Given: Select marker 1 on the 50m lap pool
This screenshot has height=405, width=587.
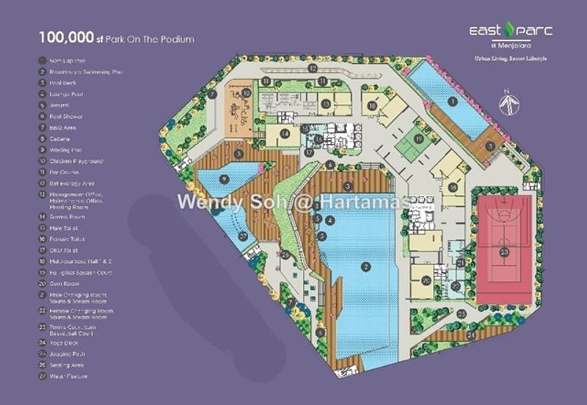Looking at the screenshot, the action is [x=453, y=101].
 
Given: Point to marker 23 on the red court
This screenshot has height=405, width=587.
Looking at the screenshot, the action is [x=504, y=252].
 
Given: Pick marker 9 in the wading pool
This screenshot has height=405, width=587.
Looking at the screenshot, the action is [x=222, y=177].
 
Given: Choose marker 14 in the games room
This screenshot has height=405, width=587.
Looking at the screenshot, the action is [x=282, y=134].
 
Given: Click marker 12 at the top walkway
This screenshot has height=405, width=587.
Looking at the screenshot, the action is [x=313, y=68].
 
